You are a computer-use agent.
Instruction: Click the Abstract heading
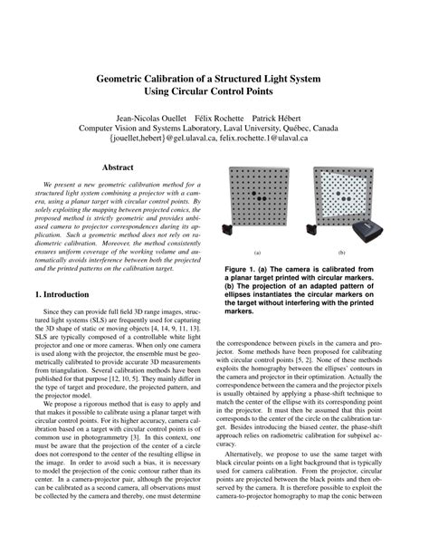[118, 167]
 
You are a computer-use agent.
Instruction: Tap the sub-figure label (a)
[257, 252]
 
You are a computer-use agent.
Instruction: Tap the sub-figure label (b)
[342, 252]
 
